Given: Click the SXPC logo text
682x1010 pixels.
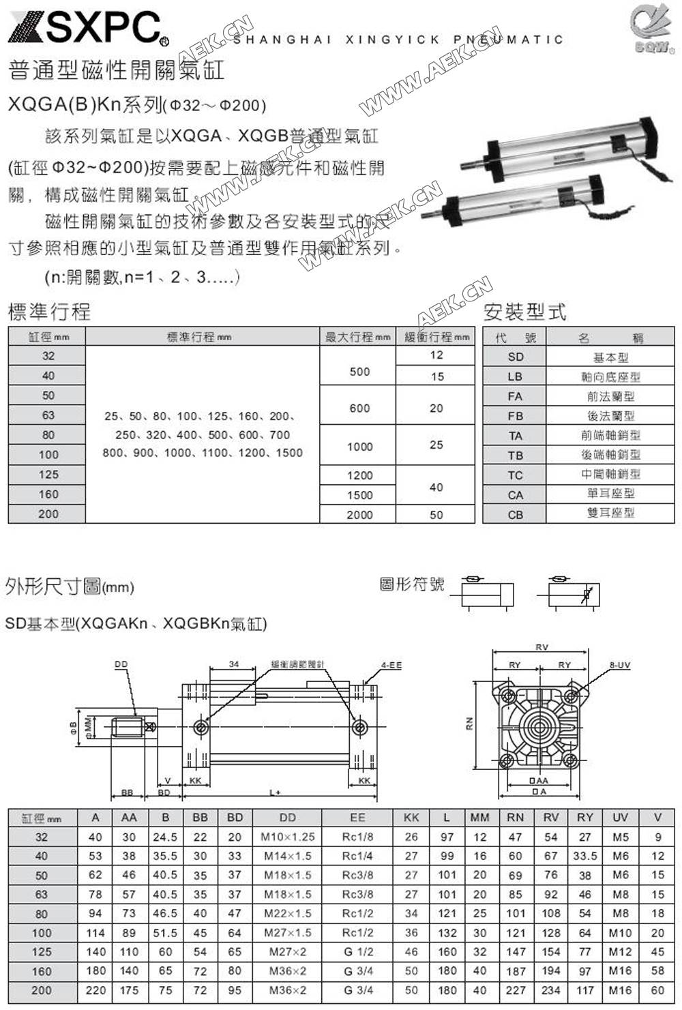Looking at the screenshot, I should [102, 27].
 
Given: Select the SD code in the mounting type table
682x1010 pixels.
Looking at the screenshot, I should [515, 357].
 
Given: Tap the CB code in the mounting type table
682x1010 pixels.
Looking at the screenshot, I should [515, 514].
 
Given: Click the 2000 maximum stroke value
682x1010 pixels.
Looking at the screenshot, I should [359, 515].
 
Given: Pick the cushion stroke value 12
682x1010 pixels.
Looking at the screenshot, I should [436, 355].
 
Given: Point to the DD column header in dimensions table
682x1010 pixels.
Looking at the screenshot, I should [288, 817].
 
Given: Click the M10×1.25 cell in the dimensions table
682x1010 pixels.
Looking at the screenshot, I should [288, 837].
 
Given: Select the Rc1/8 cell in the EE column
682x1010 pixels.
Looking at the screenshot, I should [357, 837].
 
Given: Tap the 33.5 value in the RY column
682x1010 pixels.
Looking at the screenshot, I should [585, 856].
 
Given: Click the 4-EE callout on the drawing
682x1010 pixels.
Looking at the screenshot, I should [391, 664].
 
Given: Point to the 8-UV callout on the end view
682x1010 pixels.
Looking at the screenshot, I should [619, 665].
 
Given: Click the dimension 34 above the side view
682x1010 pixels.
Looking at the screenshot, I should [234, 664].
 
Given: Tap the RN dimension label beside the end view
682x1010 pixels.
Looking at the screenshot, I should [470, 726].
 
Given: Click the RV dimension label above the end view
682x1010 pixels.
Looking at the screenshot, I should [542, 647].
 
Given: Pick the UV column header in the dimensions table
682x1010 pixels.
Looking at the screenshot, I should [620, 817].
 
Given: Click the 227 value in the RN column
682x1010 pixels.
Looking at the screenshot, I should [516, 990].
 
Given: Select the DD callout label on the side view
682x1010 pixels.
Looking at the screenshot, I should [121, 664].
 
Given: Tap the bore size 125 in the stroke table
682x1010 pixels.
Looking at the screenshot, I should [48, 475].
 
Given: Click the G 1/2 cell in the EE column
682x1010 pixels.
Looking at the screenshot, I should [357, 951].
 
